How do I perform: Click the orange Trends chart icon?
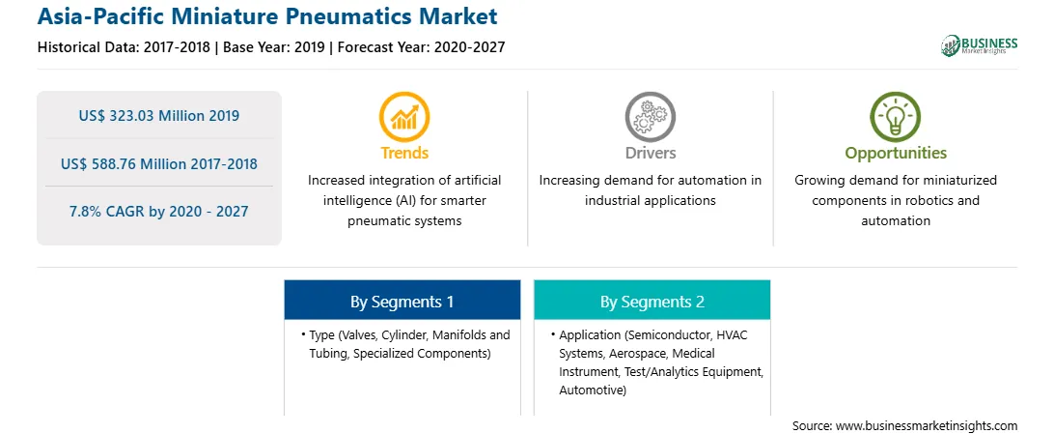coord(404,116)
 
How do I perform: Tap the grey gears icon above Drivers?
coord(650,116)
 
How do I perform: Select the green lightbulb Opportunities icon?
coord(896,116)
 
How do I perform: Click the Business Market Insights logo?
coord(980,45)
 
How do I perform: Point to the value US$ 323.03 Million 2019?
coord(158,116)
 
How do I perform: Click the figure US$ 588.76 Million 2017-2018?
coord(158,163)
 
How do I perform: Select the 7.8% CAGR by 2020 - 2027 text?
coord(158,212)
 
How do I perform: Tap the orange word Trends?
coord(404,153)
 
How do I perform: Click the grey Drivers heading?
coord(650,153)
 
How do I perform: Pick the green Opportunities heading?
coord(896,154)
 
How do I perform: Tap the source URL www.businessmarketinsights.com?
coord(927,426)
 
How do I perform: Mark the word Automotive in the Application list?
coord(593,390)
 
